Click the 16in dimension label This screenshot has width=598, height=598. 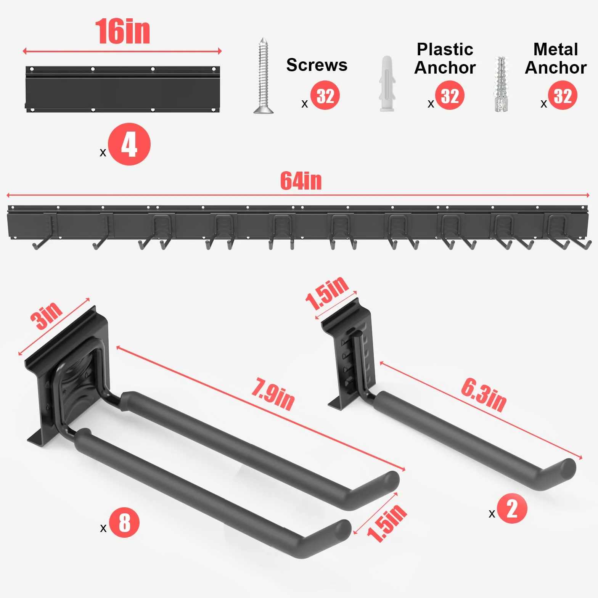pyautogui.click(x=122, y=32)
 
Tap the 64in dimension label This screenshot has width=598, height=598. pyautogui.click(x=301, y=181)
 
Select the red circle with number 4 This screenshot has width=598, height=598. pyautogui.click(x=129, y=144)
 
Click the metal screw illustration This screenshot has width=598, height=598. pyautogui.click(x=263, y=76)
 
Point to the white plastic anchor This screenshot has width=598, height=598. pyautogui.click(x=387, y=84)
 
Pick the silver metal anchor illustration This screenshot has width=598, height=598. pyautogui.click(x=502, y=84)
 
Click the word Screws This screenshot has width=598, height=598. pyautogui.click(x=317, y=65)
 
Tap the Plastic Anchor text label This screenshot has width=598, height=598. pyautogui.click(x=445, y=58)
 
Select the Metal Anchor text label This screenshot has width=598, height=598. pyautogui.click(x=556, y=58)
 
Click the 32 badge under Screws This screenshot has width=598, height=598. pyautogui.click(x=325, y=95)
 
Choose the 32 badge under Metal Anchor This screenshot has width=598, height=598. pyautogui.click(x=563, y=95)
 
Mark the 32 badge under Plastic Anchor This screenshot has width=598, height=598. pyautogui.click(x=450, y=95)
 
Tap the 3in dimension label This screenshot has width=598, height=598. pyautogui.click(x=47, y=315)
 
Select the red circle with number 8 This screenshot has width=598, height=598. pyautogui.click(x=124, y=522)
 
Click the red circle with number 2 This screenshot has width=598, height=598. pyautogui.click(x=512, y=508)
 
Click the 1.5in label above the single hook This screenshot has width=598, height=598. pyautogui.click(x=327, y=293)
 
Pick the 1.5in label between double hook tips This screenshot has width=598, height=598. pyautogui.click(x=387, y=523)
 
